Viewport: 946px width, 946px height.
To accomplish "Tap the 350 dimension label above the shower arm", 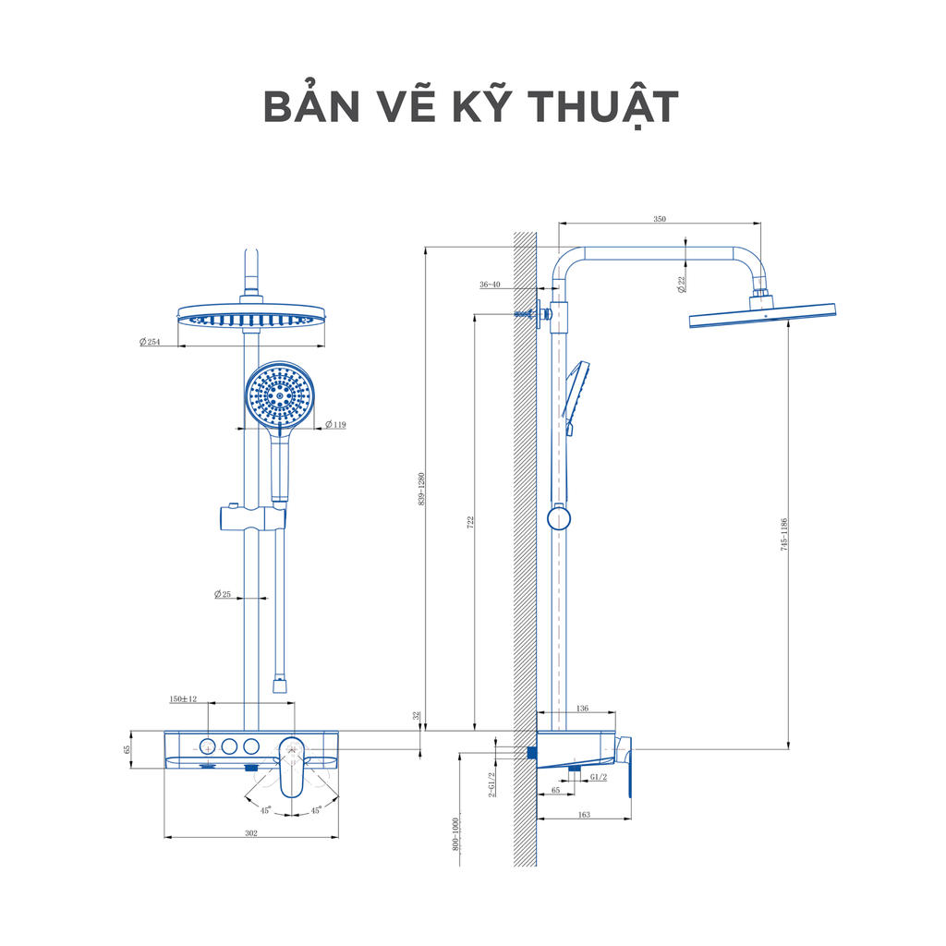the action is [660, 219].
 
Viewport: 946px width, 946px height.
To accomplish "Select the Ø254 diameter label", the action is [150, 342].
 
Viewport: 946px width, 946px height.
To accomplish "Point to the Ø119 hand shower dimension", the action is [335, 425].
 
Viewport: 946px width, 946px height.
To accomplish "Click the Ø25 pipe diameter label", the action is [223, 594].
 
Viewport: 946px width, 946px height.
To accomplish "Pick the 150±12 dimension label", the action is [183, 699].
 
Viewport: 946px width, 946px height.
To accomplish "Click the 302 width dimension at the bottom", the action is [251, 833].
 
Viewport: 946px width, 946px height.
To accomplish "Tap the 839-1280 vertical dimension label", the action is [421, 489].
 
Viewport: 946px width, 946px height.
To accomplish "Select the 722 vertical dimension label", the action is [470, 523].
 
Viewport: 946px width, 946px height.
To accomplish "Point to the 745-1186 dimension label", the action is [783, 534].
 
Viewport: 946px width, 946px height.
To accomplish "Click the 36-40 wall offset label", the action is [490, 285].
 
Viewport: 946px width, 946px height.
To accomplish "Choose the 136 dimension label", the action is [582, 709].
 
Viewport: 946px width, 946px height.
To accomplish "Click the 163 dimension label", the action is [584, 815].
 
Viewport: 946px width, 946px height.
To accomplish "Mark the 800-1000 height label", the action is [455, 834].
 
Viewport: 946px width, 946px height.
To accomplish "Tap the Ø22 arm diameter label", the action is [682, 285].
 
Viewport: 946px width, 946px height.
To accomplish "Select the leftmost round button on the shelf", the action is [208, 746].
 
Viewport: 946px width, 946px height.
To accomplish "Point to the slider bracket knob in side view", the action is [559, 518].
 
